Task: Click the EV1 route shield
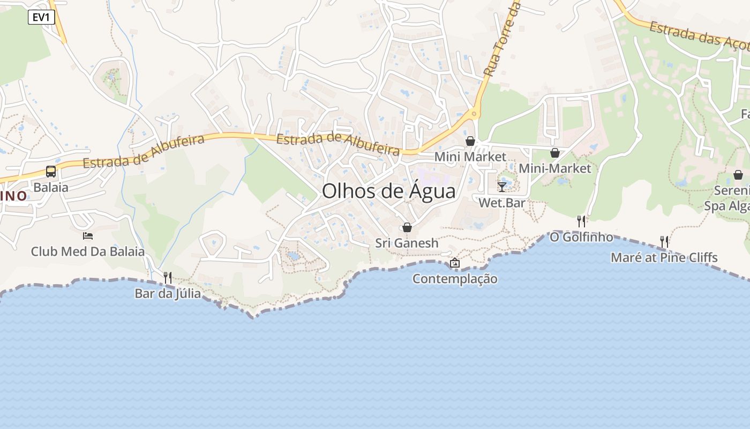coord(41,17)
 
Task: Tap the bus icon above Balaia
coord(51,172)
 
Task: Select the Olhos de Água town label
coord(388,191)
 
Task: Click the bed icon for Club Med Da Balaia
coord(88,235)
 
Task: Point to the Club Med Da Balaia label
coord(88,252)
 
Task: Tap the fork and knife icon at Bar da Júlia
coord(168,277)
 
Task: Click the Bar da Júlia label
coord(168,293)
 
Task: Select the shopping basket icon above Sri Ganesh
coord(407,227)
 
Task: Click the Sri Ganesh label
coord(407,243)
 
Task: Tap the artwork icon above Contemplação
coord(455,263)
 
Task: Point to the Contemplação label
coord(455,279)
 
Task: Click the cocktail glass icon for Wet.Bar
coord(502,187)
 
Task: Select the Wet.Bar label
coord(502,203)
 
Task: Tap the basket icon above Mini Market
coord(470,141)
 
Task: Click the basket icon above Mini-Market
coord(555,153)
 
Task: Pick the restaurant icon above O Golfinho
coord(581,221)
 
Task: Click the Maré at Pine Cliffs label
coord(664,257)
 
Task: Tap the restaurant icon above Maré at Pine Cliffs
coord(664,242)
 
